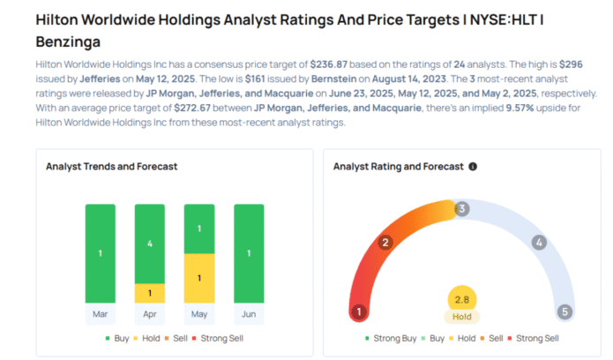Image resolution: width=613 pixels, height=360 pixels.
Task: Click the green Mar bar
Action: click(x=100, y=254)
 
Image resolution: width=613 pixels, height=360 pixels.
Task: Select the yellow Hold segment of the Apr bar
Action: click(x=149, y=293)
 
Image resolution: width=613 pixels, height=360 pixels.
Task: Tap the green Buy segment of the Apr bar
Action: click(x=149, y=244)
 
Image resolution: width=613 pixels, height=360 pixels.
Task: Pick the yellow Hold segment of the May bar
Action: click(x=198, y=278)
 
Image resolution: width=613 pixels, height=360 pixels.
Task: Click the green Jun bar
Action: click(x=248, y=254)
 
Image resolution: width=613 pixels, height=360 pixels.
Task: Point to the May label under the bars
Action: click(x=198, y=312)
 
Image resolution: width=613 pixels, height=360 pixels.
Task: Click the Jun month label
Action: click(x=248, y=312)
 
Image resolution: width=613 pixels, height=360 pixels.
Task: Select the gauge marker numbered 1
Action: click(x=359, y=311)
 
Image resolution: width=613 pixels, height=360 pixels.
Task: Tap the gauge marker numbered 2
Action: click(x=385, y=243)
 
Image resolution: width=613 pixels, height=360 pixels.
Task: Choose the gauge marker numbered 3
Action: click(x=461, y=209)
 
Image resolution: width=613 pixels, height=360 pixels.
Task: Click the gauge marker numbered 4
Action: click(x=539, y=243)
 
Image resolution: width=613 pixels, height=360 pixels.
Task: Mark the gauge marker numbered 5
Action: click(x=564, y=311)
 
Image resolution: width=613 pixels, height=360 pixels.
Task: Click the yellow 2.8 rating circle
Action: click(x=461, y=299)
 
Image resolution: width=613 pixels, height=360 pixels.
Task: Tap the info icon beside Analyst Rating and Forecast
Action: click(x=473, y=166)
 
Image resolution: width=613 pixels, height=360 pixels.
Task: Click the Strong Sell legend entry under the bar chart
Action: click(x=221, y=338)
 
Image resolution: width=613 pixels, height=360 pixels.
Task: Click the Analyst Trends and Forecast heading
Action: click(x=112, y=166)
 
